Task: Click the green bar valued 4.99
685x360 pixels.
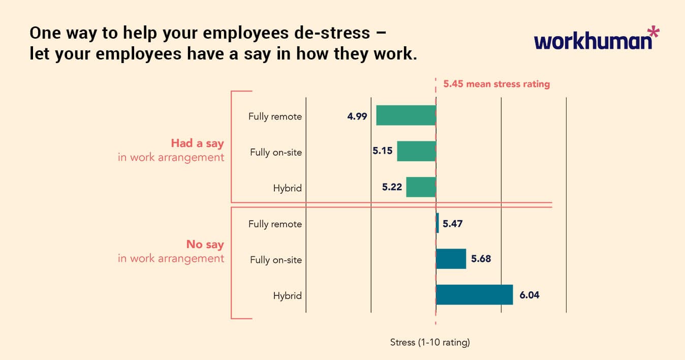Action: [x=406, y=115]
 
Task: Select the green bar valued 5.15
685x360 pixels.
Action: [x=416, y=152]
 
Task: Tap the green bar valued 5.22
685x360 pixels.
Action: [x=421, y=187]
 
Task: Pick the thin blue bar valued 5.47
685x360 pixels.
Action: [x=437, y=223]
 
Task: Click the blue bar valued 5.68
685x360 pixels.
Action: [x=451, y=259]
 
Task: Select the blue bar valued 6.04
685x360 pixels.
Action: [x=474, y=294]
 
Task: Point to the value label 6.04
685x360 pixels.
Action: [x=529, y=295]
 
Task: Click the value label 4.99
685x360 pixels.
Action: [x=357, y=116]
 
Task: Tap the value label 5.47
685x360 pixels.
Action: [x=452, y=223]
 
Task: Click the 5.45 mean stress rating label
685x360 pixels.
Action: [x=496, y=84]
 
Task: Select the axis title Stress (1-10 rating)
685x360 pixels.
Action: [x=430, y=342]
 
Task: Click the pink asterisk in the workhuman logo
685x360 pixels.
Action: [x=653, y=34]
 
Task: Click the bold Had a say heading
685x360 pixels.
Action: [x=197, y=143]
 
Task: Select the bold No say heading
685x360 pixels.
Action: [x=205, y=245]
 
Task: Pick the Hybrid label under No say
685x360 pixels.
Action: [x=287, y=295]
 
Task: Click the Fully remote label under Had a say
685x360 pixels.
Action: [x=275, y=116]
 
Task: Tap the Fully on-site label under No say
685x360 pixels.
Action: [x=276, y=260]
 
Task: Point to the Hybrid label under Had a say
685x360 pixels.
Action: [x=287, y=188]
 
